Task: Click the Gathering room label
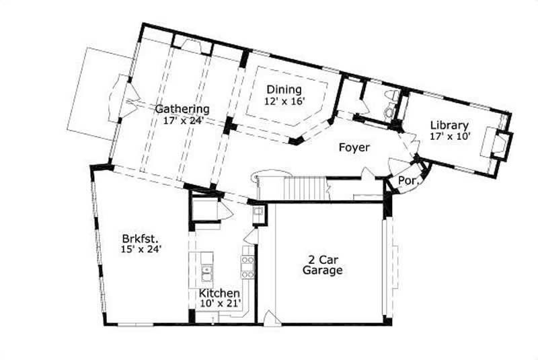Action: tap(182, 108)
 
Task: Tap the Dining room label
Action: tap(284, 89)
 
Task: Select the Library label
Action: tap(449, 125)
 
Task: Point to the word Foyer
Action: tap(354, 147)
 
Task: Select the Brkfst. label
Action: tap(140, 238)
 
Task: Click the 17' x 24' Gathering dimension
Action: tap(179, 121)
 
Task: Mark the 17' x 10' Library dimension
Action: tap(450, 137)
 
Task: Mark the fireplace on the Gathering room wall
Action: tap(192, 46)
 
